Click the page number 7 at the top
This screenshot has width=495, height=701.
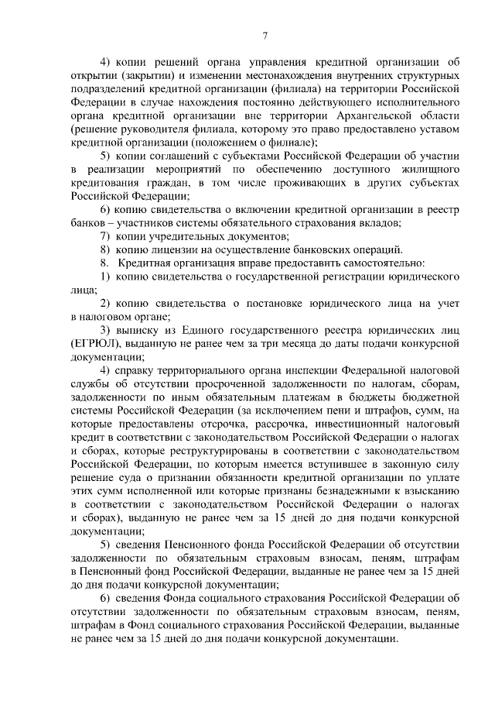(x=265, y=35)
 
